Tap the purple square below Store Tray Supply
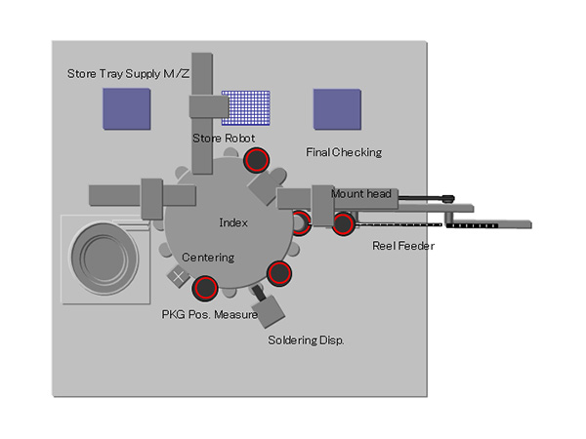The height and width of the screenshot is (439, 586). [x=127, y=109]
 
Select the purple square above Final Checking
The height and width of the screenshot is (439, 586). [x=337, y=109]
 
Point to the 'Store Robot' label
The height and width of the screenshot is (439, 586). [x=224, y=139]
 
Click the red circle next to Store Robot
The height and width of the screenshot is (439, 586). [x=257, y=161]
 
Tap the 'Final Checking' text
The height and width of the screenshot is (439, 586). [x=344, y=152]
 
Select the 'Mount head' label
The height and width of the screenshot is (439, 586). [x=360, y=194]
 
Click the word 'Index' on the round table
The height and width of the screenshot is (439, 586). [x=233, y=222]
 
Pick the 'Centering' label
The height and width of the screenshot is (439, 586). [x=208, y=257]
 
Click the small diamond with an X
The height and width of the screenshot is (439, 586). [x=178, y=277]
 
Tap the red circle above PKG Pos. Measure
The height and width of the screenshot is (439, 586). [x=205, y=288]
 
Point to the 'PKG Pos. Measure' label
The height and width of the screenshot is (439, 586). [x=209, y=315]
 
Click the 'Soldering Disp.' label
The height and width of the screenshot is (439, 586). [x=306, y=340]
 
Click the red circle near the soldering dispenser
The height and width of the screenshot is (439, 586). [x=279, y=273]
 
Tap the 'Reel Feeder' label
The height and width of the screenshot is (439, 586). [x=403, y=246]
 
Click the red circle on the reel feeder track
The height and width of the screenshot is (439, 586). [x=343, y=224]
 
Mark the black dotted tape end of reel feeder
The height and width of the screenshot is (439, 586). [x=480, y=224]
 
